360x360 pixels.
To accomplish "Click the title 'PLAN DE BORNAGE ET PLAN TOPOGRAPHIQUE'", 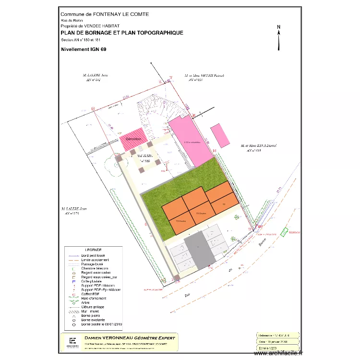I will click(122, 33).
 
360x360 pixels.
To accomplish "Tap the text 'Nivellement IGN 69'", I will click(84, 49).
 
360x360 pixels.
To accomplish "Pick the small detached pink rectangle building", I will click(220, 135).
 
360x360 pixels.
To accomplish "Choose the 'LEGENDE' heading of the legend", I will click(93, 250).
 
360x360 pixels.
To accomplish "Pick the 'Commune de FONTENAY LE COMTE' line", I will click(105, 14).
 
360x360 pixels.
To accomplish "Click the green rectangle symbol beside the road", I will click(285, 232).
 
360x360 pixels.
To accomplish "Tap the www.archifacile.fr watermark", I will click(279, 353).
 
